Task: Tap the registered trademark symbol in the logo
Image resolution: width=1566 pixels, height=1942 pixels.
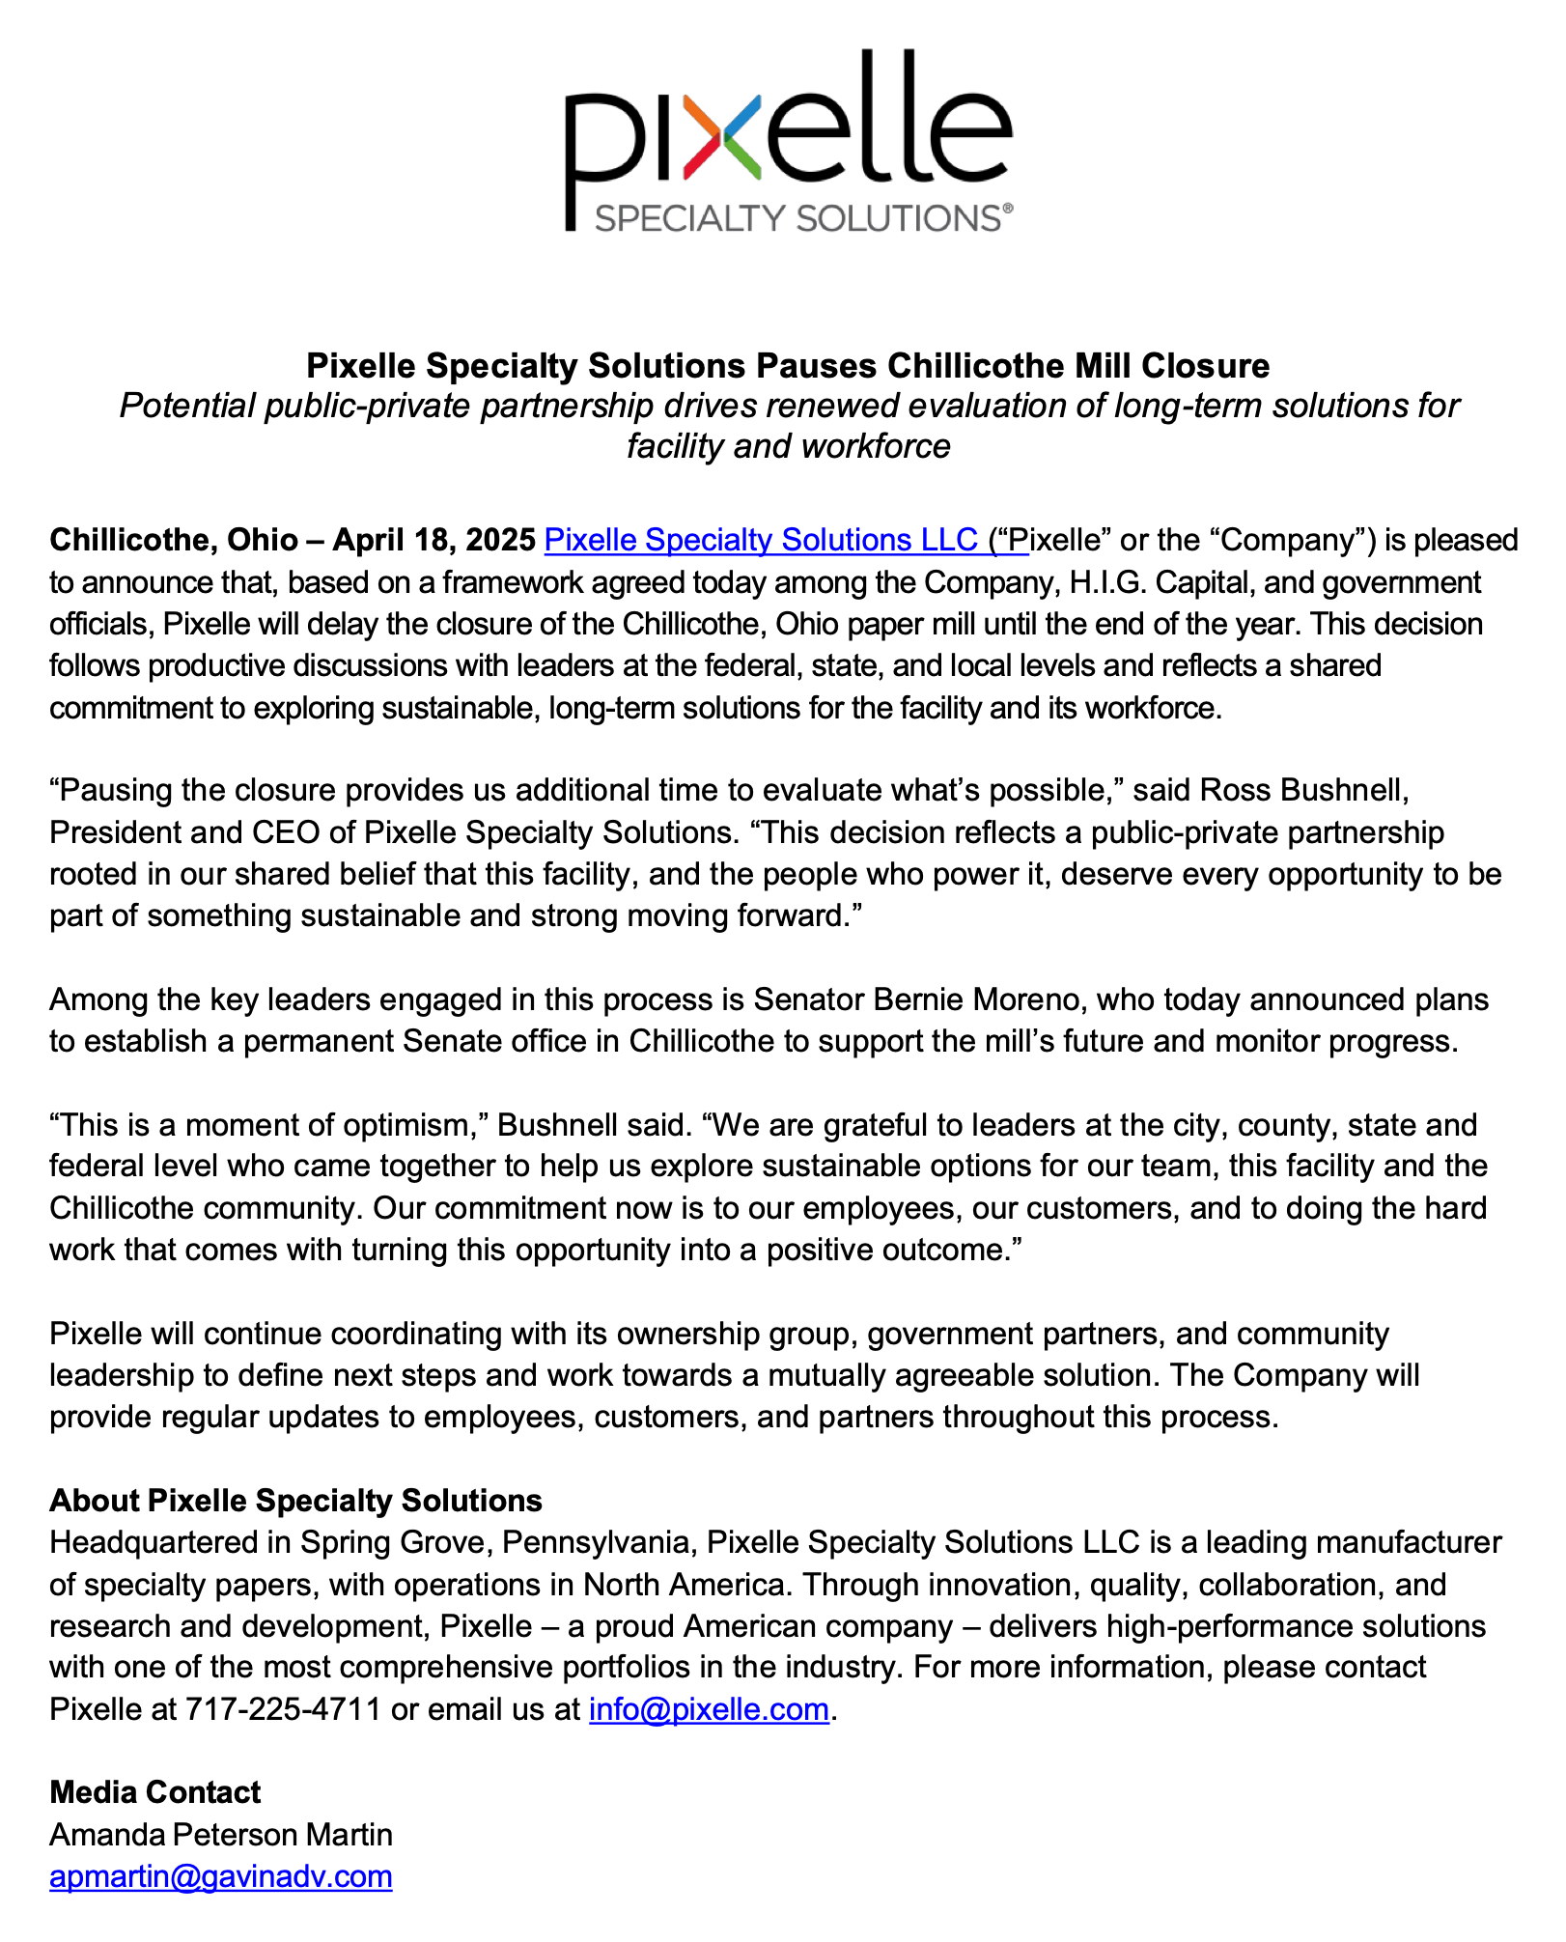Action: [x=1007, y=207]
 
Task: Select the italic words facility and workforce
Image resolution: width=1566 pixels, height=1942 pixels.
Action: [x=788, y=446]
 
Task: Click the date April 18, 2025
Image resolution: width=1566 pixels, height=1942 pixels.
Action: [x=433, y=540]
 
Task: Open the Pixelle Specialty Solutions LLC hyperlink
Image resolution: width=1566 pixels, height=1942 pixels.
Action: [x=761, y=540]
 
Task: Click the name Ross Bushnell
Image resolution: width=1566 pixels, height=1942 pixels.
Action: [x=1303, y=790]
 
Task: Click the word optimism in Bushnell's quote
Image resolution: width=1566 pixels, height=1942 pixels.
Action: [x=404, y=1125]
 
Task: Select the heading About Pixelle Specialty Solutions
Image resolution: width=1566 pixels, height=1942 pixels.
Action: [x=295, y=1501]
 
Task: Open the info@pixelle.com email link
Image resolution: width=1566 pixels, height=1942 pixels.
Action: [x=709, y=1709]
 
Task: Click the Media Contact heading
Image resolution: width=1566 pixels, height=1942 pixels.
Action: [x=154, y=1792]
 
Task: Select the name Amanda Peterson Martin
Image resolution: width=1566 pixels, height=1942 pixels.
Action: [x=221, y=1834]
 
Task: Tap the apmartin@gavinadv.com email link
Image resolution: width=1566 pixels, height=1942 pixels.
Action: [x=221, y=1876]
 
